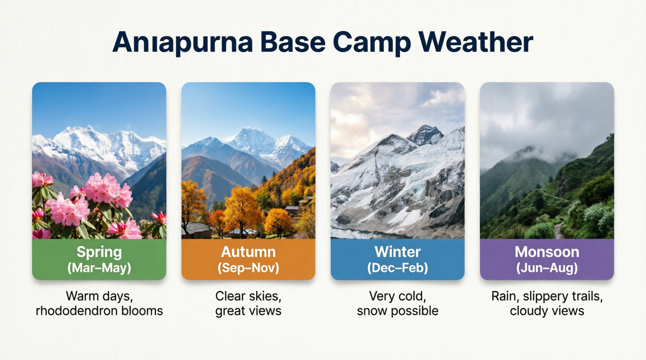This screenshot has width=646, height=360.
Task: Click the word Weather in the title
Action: coord(476,42)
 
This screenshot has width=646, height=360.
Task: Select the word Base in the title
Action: coord(293,42)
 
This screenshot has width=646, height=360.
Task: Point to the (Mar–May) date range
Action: coord(99,268)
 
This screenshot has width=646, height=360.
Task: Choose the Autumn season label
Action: coord(248,252)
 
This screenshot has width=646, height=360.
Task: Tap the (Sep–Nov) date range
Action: coord(248,268)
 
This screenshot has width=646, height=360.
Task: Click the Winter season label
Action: coord(398,252)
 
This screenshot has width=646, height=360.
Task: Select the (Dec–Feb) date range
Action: coord(398,268)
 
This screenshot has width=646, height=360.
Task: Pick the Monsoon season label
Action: coord(547,252)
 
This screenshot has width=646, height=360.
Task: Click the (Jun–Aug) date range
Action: coord(547,268)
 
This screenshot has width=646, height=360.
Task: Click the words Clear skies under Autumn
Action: coord(248,296)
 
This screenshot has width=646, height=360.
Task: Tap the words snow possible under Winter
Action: coord(398,311)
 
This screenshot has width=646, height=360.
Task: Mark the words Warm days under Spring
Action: coord(99,297)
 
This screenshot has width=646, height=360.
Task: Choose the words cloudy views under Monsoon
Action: coord(547,311)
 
